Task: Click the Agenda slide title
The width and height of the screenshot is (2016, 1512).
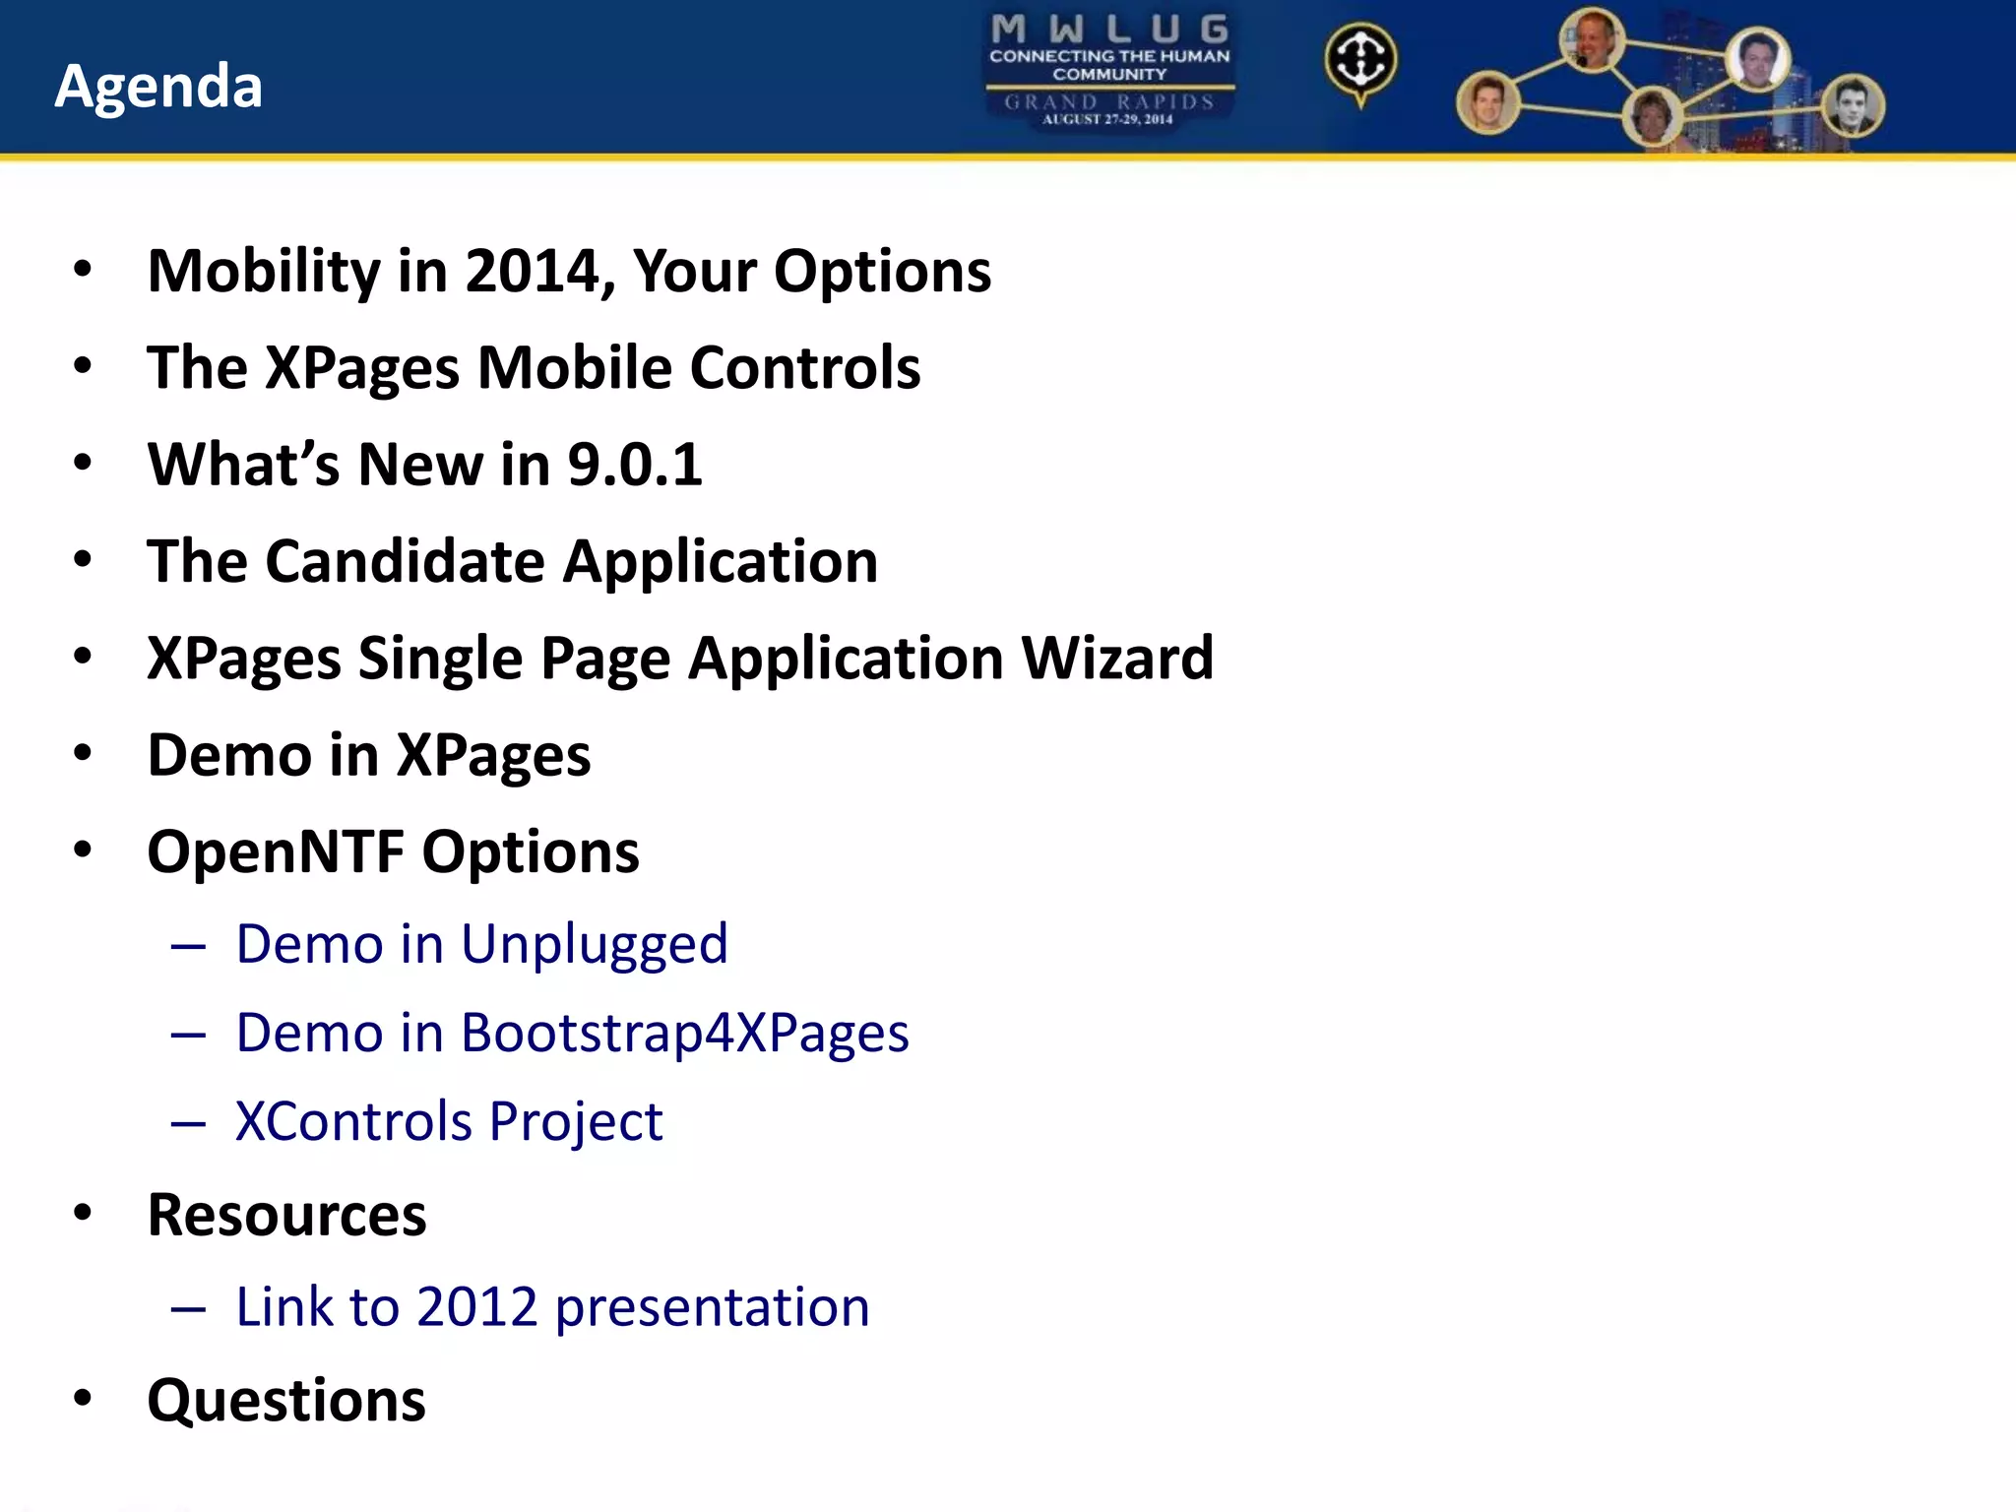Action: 158,87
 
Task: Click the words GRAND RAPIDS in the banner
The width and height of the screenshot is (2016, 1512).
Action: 1109,101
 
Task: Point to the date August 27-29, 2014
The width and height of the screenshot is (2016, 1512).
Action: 1108,120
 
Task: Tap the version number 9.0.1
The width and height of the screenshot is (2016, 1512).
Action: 635,465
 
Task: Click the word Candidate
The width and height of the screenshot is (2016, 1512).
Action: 405,561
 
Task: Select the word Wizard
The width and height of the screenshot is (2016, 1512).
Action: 1117,658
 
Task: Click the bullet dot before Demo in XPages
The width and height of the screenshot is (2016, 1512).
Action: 83,753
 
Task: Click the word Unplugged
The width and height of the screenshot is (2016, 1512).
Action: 594,945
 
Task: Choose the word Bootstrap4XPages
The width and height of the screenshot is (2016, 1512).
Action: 684,1034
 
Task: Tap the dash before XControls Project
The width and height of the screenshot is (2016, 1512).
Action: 188,1123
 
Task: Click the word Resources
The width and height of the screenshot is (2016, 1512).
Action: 286,1215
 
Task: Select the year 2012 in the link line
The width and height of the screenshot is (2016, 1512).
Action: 476,1307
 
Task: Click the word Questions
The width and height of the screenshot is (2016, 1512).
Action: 286,1400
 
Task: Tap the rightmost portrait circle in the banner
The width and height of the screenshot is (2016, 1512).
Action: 1853,106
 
